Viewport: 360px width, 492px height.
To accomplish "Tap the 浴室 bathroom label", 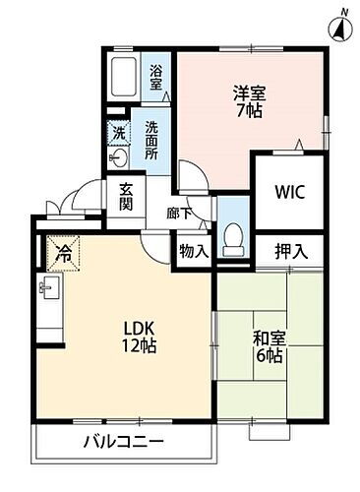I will click(x=156, y=78).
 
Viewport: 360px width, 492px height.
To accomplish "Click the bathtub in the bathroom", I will click(x=126, y=76).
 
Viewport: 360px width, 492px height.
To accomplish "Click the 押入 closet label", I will click(x=290, y=250).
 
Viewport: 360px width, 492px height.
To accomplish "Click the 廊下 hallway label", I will click(x=178, y=213).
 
